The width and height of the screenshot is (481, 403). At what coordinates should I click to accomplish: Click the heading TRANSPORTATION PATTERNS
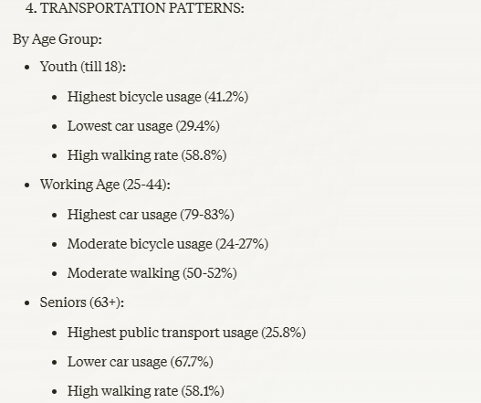pos(142,8)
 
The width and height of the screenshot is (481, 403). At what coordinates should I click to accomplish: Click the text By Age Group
pos(58,39)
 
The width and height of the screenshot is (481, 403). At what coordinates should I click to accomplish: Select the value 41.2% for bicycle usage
pos(226,97)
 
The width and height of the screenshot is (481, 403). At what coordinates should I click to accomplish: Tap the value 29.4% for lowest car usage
pos(198,126)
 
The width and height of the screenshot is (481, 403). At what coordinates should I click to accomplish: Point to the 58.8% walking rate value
pos(204,155)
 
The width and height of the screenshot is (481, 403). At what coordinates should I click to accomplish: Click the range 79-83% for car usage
pos(207,215)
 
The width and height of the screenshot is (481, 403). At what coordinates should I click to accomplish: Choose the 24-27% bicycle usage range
pos(242,244)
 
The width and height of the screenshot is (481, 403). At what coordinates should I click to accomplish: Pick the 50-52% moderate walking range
pos(210,273)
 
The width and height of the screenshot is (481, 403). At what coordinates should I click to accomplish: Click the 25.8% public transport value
pos(284,333)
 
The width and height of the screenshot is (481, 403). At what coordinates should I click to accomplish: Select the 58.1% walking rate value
pos(203,391)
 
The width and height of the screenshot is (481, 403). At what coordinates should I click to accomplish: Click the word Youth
pos(58,67)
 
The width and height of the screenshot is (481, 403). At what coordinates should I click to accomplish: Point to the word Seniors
pos(63,302)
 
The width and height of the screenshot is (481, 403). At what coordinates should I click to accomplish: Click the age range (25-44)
pos(145,185)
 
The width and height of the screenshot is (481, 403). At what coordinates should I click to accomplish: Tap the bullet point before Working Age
pos(27,186)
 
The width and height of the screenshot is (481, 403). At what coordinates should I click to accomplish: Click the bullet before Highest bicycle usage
pos(55,98)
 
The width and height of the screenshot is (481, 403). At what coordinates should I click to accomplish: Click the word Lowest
pos(89,126)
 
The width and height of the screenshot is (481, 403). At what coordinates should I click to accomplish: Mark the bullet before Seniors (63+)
pos(27,303)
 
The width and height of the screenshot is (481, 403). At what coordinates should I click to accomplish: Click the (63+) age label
pos(105,302)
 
